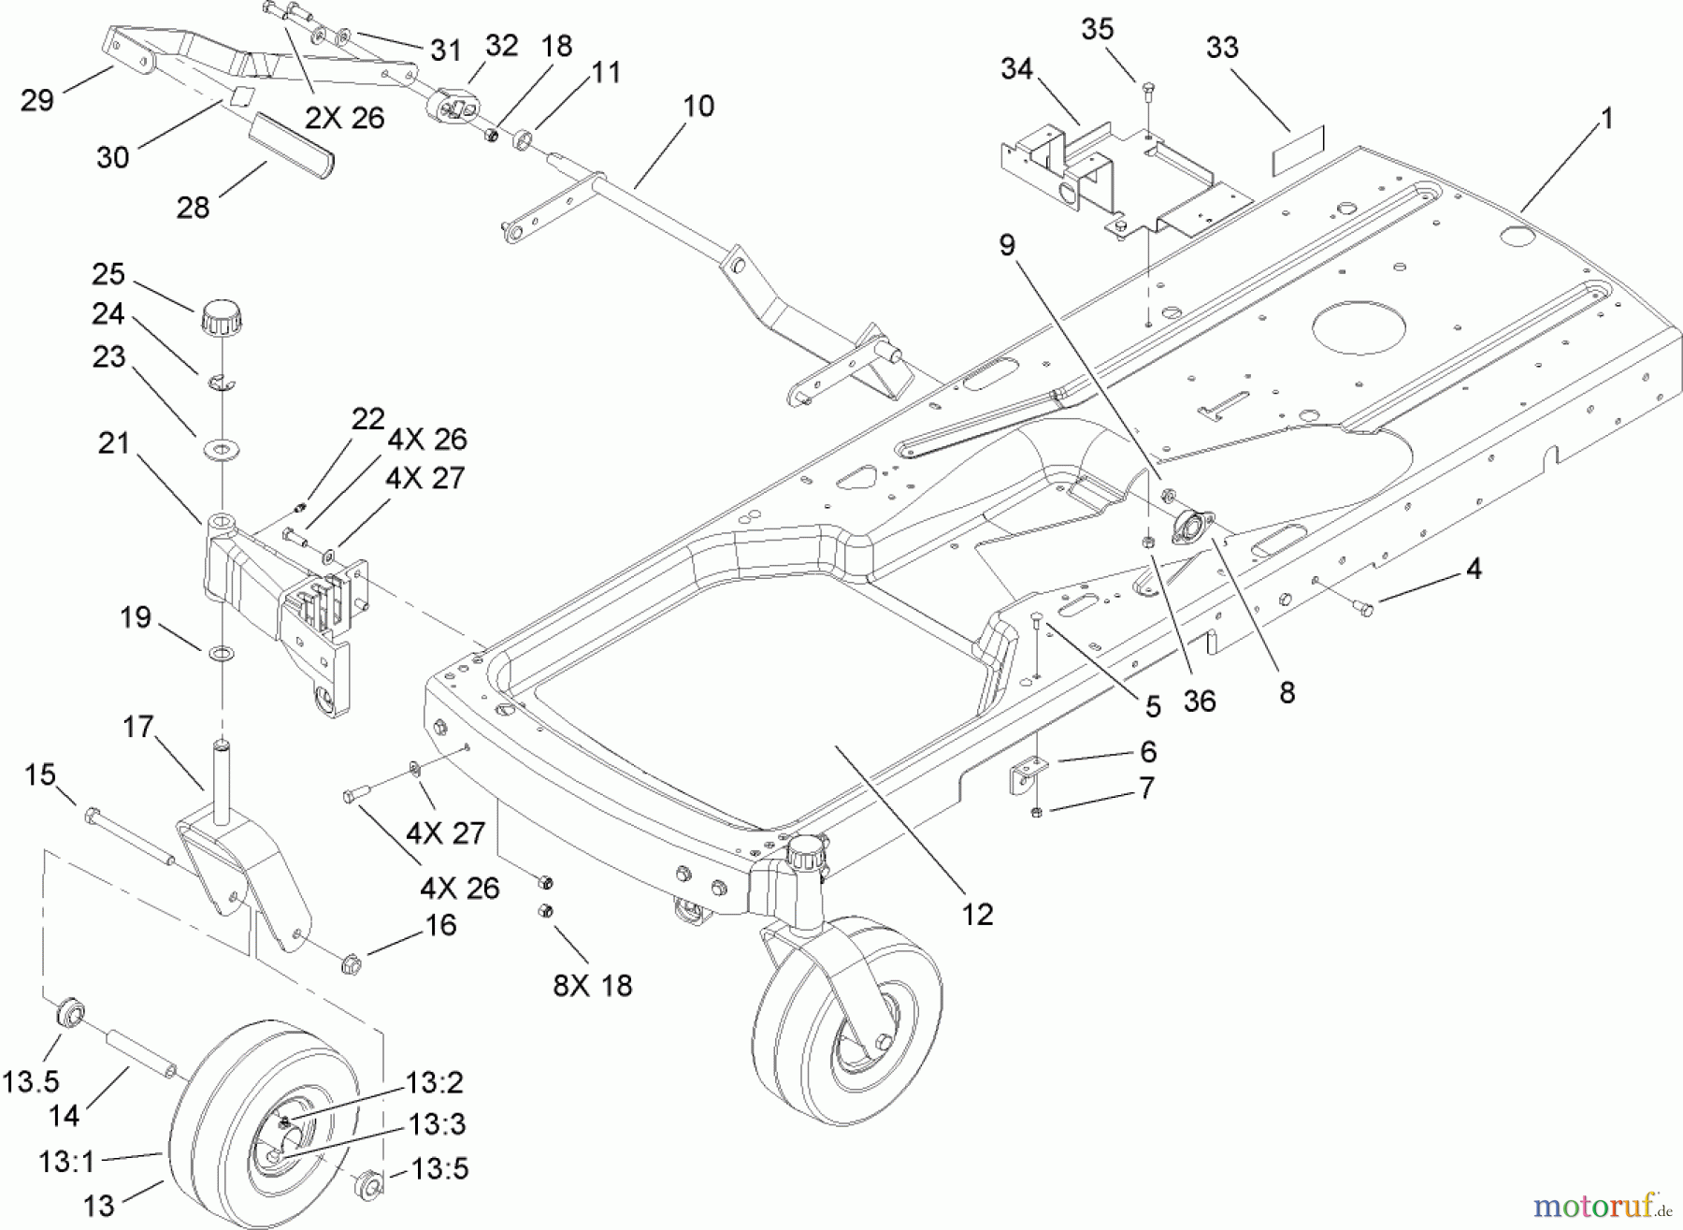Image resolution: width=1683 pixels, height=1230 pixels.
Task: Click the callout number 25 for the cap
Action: point(108,274)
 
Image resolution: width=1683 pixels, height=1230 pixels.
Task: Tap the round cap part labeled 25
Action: point(222,318)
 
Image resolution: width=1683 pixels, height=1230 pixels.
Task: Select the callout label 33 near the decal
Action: point(1222,48)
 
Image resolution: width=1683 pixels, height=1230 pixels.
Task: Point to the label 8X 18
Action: point(592,985)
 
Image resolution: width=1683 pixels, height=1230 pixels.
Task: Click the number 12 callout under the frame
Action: point(977,914)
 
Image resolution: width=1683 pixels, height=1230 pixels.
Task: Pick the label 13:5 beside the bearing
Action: point(439,1168)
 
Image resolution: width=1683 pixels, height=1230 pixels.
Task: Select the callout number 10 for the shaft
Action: point(698,106)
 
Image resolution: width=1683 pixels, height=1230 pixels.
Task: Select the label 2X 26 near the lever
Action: point(344,118)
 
